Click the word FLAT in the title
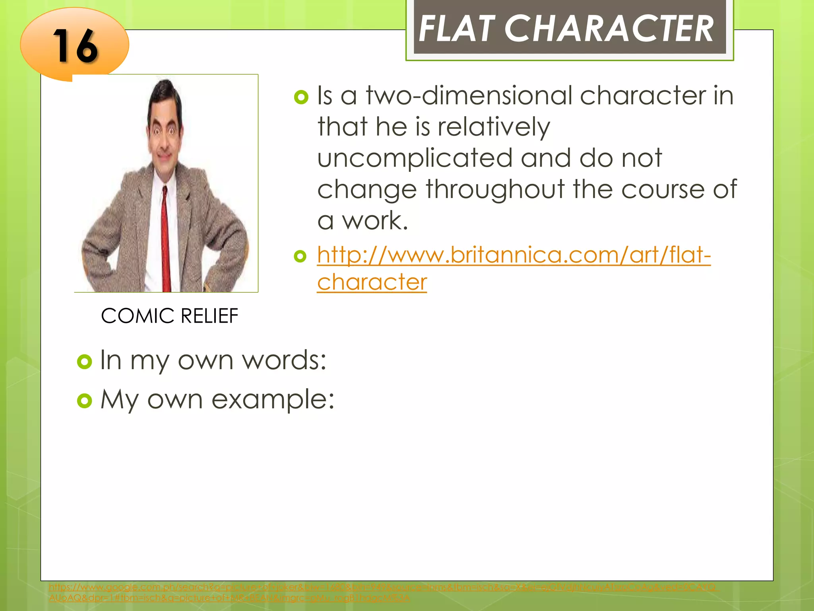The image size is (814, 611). tap(457, 29)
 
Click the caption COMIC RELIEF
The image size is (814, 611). tap(169, 316)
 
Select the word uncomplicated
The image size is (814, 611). tap(415, 158)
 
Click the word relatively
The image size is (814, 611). tap(494, 127)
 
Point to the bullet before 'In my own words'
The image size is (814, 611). tap(84, 362)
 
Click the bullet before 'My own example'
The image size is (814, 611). tap(84, 401)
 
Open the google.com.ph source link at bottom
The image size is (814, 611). tap(382, 588)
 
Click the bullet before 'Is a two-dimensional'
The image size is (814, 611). tap(301, 97)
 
